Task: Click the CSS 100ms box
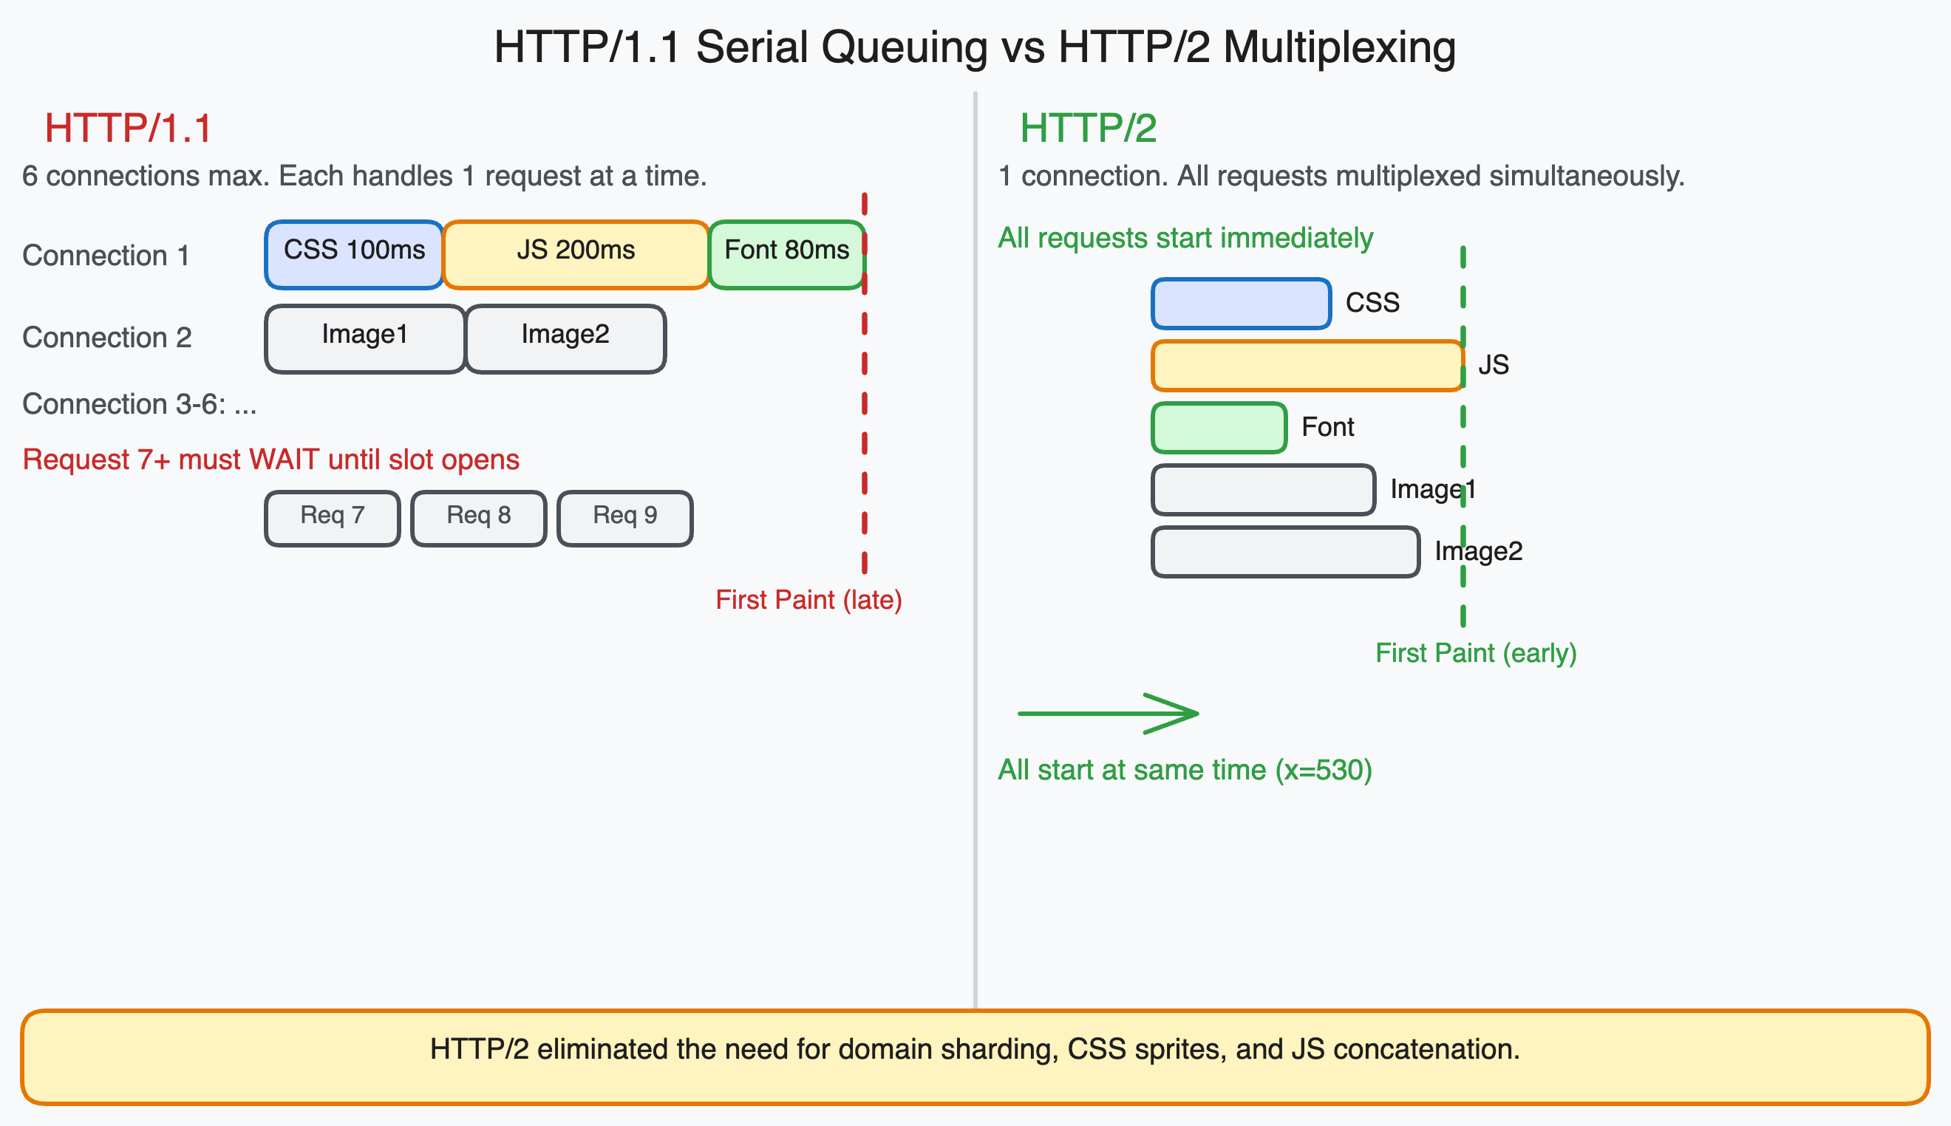(x=354, y=254)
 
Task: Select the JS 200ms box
(x=576, y=254)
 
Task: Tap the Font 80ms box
(x=786, y=254)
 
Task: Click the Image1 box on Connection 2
(x=364, y=338)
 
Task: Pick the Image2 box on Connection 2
(x=565, y=338)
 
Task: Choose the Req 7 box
(x=333, y=518)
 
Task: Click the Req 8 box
(x=479, y=518)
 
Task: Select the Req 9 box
(x=624, y=518)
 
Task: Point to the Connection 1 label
(x=106, y=255)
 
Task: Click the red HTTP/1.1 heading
(x=128, y=129)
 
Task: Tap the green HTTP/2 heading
(x=1088, y=129)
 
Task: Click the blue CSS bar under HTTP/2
(x=1240, y=303)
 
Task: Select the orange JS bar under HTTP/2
(x=1307, y=365)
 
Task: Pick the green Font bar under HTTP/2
(x=1219, y=427)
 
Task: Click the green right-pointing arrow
(x=1108, y=713)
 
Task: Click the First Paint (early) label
(x=1475, y=653)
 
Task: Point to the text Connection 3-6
(x=139, y=403)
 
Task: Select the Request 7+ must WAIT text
(x=270, y=460)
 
